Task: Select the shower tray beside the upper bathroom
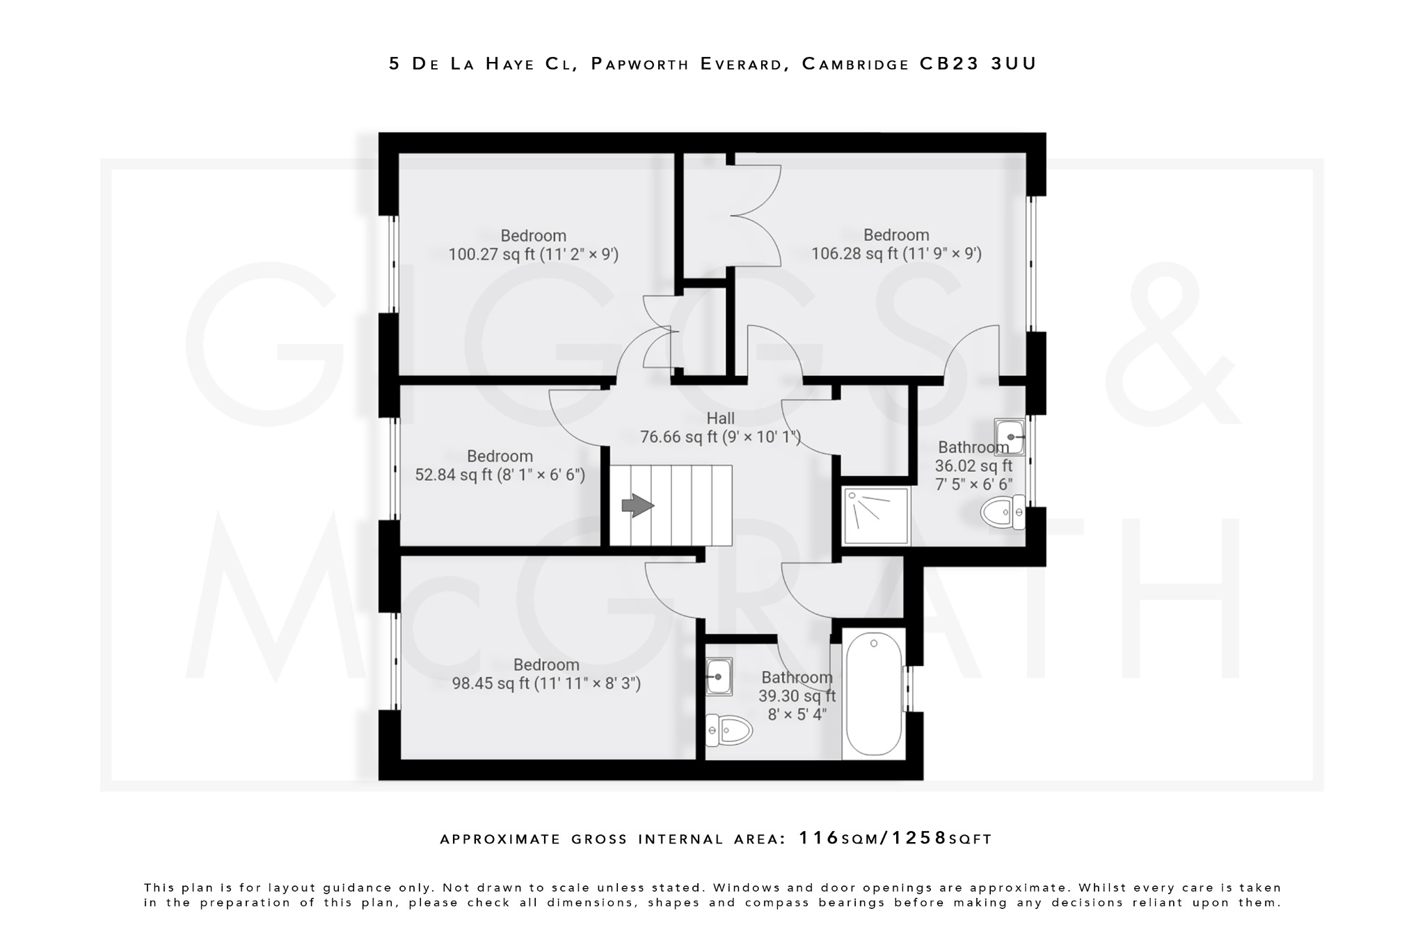point(876,516)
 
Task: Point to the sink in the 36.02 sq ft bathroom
point(1009,436)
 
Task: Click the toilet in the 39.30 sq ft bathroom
point(728,730)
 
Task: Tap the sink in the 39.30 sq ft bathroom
point(719,676)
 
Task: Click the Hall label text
point(720,418)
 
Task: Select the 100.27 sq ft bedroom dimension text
point(533,254)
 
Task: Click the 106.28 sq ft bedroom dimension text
point(896,253)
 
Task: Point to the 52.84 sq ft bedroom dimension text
point(500,475)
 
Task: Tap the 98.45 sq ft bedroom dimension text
point(546,683)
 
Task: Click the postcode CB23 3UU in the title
point(978,63)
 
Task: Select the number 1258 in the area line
point(920,838)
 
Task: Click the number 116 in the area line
point(819,838)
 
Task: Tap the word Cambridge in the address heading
point(855,63)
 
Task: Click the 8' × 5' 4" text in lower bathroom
point(797,714)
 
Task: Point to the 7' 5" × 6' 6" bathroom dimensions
point(973,484)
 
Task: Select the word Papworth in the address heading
point(639,63)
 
